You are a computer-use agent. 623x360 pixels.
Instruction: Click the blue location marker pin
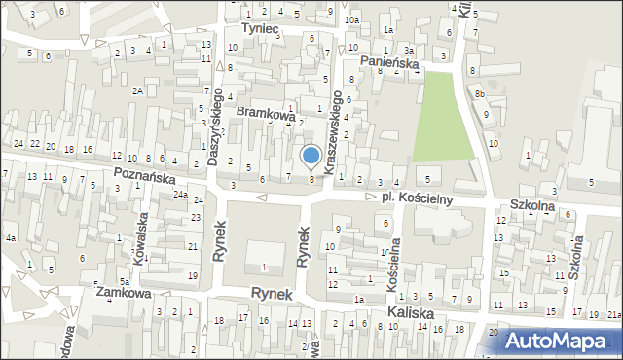click(311, 156)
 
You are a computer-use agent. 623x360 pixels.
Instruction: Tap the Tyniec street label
click(260, 30)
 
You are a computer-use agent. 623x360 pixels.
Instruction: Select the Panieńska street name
click(389, 62)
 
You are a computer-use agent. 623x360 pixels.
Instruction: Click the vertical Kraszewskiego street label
click(337, 132)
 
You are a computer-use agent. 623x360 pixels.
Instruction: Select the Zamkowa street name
click(122, 291)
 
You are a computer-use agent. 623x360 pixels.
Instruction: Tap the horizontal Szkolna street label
click(531, 206)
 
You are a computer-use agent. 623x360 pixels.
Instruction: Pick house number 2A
click(139, 90)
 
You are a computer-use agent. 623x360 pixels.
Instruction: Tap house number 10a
click(351, 19)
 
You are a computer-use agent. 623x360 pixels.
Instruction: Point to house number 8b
click(480, 93)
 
